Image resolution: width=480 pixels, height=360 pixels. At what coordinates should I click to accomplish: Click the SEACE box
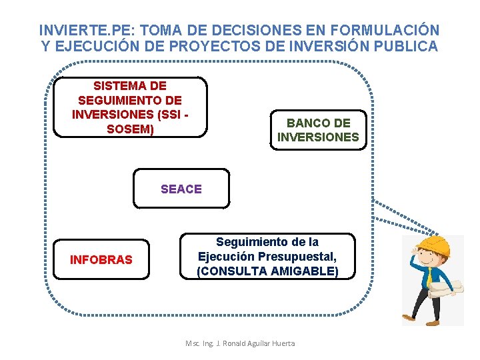pos(181,189)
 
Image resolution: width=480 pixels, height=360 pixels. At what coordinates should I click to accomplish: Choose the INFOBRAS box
pos(101,259)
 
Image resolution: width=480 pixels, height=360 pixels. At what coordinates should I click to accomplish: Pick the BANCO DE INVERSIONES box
pos(318,130)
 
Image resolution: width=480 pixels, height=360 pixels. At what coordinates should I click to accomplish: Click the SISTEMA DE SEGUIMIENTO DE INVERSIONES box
pos(130,107)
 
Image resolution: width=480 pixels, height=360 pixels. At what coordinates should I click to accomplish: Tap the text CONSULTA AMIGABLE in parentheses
pos(267,271)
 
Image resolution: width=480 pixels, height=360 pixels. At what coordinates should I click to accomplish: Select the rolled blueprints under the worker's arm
pos(443,287)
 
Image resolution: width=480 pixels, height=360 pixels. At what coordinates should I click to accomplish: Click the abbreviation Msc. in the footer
pos(193,343)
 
